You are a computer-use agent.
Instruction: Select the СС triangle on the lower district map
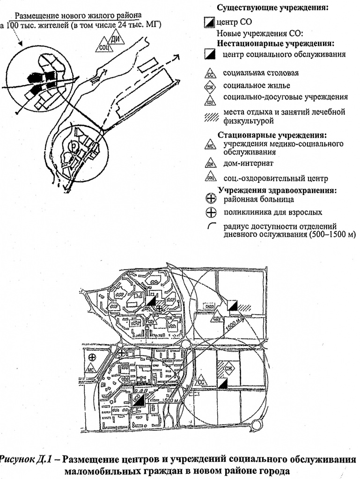201,382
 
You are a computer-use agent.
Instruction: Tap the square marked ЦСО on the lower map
139,399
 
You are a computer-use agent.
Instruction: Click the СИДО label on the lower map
210,306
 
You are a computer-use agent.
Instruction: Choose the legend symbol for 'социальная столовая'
212,74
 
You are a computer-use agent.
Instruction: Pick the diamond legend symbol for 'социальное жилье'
212,86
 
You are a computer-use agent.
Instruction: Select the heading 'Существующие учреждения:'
272,8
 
